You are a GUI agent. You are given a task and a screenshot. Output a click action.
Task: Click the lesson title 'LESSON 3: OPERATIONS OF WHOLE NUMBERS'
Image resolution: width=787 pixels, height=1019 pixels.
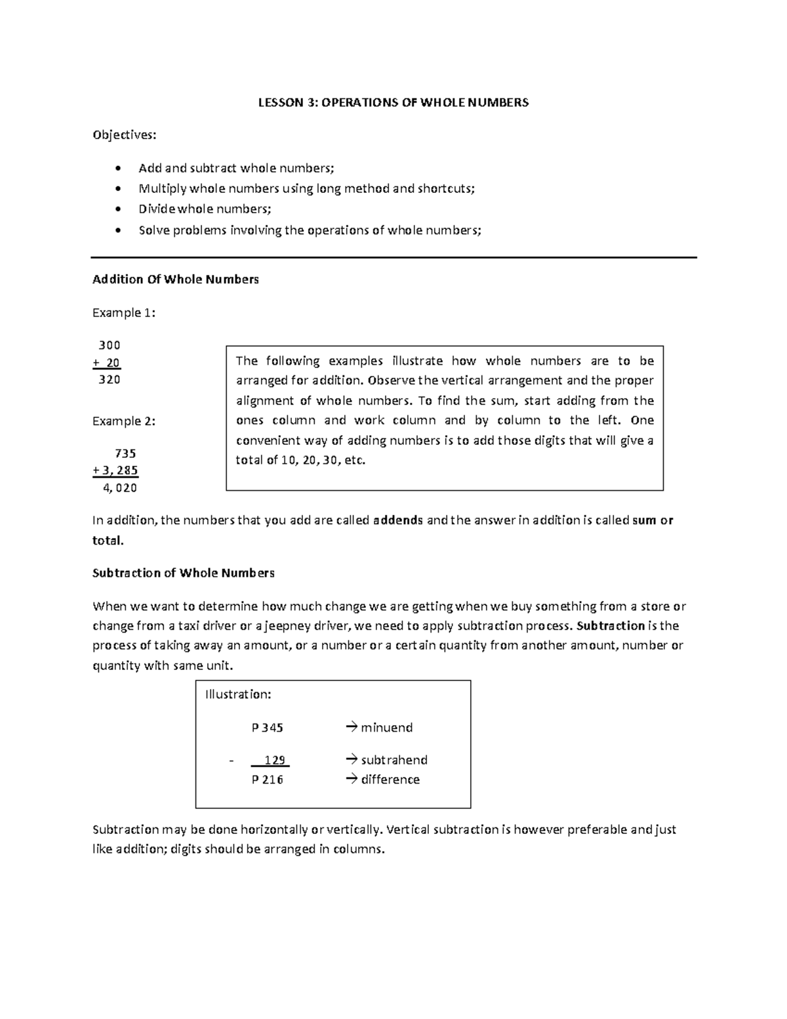coord(393,102)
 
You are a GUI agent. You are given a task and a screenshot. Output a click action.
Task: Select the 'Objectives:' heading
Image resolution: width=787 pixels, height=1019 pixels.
coord(125,135)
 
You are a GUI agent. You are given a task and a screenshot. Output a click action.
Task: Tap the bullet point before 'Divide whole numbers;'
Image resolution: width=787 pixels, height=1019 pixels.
coord(117,209)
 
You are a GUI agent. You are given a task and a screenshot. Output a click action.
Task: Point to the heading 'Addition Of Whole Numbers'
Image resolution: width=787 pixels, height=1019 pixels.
coord(176,280)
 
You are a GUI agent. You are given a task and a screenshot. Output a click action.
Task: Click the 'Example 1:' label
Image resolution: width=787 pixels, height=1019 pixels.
coord(124,313)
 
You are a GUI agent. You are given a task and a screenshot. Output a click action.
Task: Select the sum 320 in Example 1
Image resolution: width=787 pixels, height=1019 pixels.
coord(109,379)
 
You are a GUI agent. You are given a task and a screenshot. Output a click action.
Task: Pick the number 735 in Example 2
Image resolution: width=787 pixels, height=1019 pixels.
coord(125,453)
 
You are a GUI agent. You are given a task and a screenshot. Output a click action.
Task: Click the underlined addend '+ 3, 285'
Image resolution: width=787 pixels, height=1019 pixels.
coord(115,470)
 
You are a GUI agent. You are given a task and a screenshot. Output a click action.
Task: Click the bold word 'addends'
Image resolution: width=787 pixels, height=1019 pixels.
coord(397,520)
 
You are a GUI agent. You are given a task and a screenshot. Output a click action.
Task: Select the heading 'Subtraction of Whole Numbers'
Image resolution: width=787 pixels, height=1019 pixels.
coord(183,573)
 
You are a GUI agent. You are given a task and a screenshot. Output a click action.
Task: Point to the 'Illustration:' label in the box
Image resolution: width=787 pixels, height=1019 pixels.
coord(238,694)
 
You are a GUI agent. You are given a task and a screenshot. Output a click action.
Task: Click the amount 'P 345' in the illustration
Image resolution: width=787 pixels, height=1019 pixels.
coord(268,728)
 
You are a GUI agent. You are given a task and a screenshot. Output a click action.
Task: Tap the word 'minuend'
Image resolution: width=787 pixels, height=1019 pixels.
coord(387,728)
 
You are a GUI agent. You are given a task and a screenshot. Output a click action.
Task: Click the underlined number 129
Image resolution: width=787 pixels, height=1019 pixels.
coord(274,760)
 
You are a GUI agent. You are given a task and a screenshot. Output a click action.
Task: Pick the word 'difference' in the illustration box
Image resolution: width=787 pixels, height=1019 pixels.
coord(390,780)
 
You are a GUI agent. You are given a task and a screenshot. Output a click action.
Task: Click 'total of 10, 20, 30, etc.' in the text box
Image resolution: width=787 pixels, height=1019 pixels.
coord(300,460)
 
